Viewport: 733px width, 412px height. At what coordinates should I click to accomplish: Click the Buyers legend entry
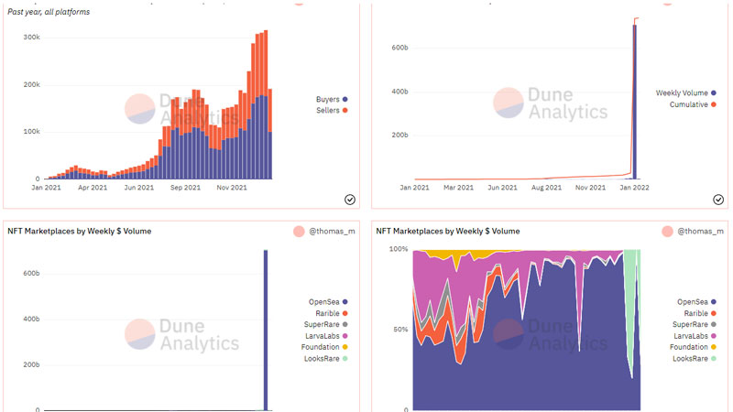tap(329, 98)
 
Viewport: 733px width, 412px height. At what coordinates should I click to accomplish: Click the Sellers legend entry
tap(329, 110)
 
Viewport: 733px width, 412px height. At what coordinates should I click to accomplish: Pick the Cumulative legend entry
tap(688, 104)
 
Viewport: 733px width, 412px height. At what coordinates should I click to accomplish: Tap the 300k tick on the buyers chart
tap(30, 38)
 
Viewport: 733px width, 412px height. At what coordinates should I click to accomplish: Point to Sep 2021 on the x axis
tap(185, 187)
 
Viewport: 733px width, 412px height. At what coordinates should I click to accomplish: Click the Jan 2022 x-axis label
tap(634, 187)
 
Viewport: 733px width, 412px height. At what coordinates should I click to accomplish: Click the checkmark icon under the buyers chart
tap(350, 199)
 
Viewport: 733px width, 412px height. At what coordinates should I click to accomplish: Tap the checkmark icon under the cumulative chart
tap(718, 199)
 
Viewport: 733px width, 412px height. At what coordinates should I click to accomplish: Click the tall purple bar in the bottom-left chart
tap(267, 330)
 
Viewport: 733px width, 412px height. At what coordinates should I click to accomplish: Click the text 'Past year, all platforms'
tap(49, 12)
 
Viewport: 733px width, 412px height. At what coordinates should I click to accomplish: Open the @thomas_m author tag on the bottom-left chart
tap(323, 232)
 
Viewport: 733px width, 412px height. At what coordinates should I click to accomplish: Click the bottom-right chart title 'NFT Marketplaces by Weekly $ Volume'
tap(448, 232)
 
